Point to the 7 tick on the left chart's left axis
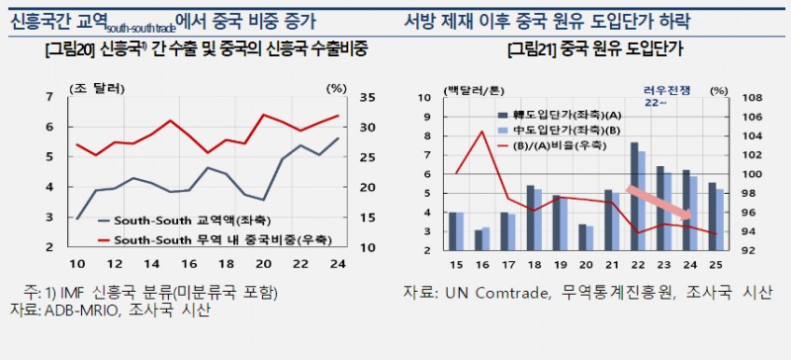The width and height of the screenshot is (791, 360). click(50, 96)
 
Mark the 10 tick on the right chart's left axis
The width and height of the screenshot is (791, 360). click(423, 97)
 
